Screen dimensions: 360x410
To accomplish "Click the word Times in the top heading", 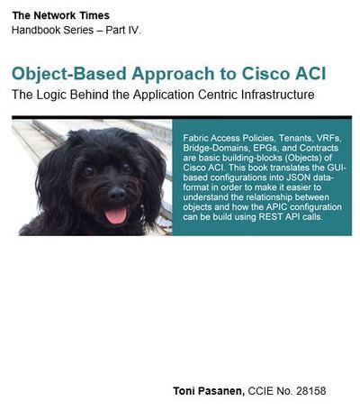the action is [x=94, y=15].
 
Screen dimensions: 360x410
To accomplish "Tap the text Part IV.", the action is [x=123, y=30].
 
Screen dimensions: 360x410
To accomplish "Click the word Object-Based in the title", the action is [x=69, y=74].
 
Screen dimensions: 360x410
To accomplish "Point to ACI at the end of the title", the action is [x=310, y=74].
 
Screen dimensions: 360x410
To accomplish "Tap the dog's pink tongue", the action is [x=116, y=215].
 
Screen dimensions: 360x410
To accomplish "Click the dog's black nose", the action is [x=117, y=194].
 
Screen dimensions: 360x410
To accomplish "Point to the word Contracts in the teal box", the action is [x=319, y=148].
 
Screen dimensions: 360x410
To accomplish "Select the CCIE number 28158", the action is [x=311, y=391].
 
